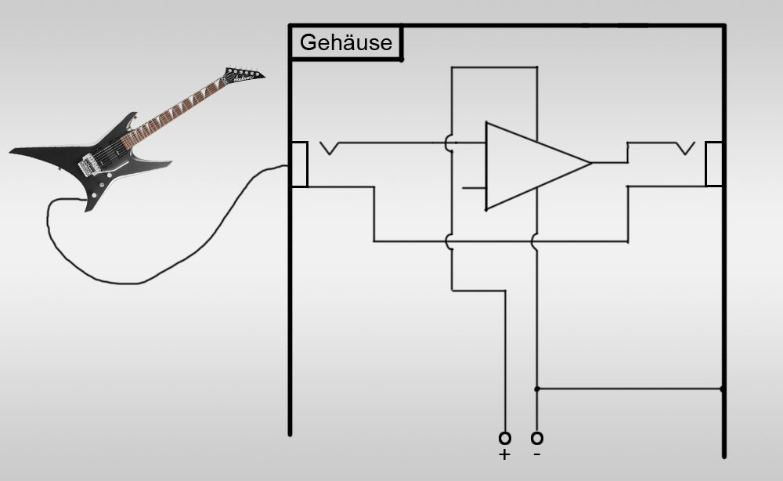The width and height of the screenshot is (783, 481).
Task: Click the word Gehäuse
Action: click(x=345, y=42)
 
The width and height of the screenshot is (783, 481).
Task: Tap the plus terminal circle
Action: click(x=505, y=439)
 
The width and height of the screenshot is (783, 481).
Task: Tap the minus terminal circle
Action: click(x=537, y=439)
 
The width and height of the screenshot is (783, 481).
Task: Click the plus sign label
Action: click(x=504, y=454)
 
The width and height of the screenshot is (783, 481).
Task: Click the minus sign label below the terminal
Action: click(x=537, y=454)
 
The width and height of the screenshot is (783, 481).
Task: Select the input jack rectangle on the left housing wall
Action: click(x=299, y=143)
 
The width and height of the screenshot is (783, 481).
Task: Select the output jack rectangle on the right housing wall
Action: click(x=714, y=143)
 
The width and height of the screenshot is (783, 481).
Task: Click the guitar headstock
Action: click(x=244, y=75)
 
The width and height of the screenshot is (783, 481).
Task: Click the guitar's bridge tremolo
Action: click(x=88, y=165)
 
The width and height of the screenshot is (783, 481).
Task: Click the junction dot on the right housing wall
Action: click(x=722, y=389)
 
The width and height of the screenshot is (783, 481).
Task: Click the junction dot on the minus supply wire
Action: click(x=537, y=389)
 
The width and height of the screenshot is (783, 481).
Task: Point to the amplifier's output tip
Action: click(x=592, y=162)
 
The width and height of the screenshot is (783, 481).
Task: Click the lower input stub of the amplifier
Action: click(x=474, y=188)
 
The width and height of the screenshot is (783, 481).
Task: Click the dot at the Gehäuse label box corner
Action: click(x=402, y=60)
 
